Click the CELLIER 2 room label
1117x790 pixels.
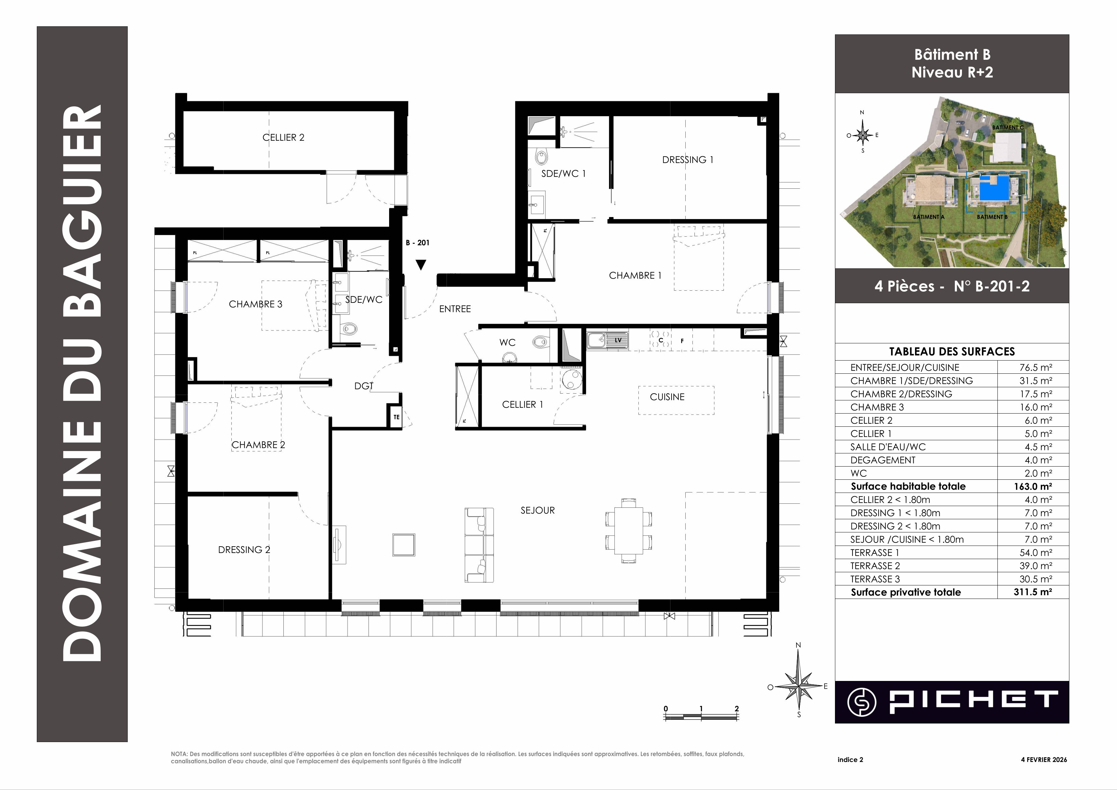(283, 138)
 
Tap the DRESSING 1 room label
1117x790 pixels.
(687, 160)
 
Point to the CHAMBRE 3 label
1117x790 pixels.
(256, 304)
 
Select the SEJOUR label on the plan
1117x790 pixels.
(537, 510)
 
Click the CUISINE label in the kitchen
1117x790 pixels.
(667, 397)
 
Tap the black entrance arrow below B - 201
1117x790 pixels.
(421, 265)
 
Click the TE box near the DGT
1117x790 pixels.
(396, 417)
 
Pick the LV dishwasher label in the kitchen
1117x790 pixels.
(618, 340)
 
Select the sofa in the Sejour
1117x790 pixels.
(479, 545)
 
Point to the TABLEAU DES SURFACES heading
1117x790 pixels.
(952, 351)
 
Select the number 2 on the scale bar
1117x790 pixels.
(736, 708)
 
